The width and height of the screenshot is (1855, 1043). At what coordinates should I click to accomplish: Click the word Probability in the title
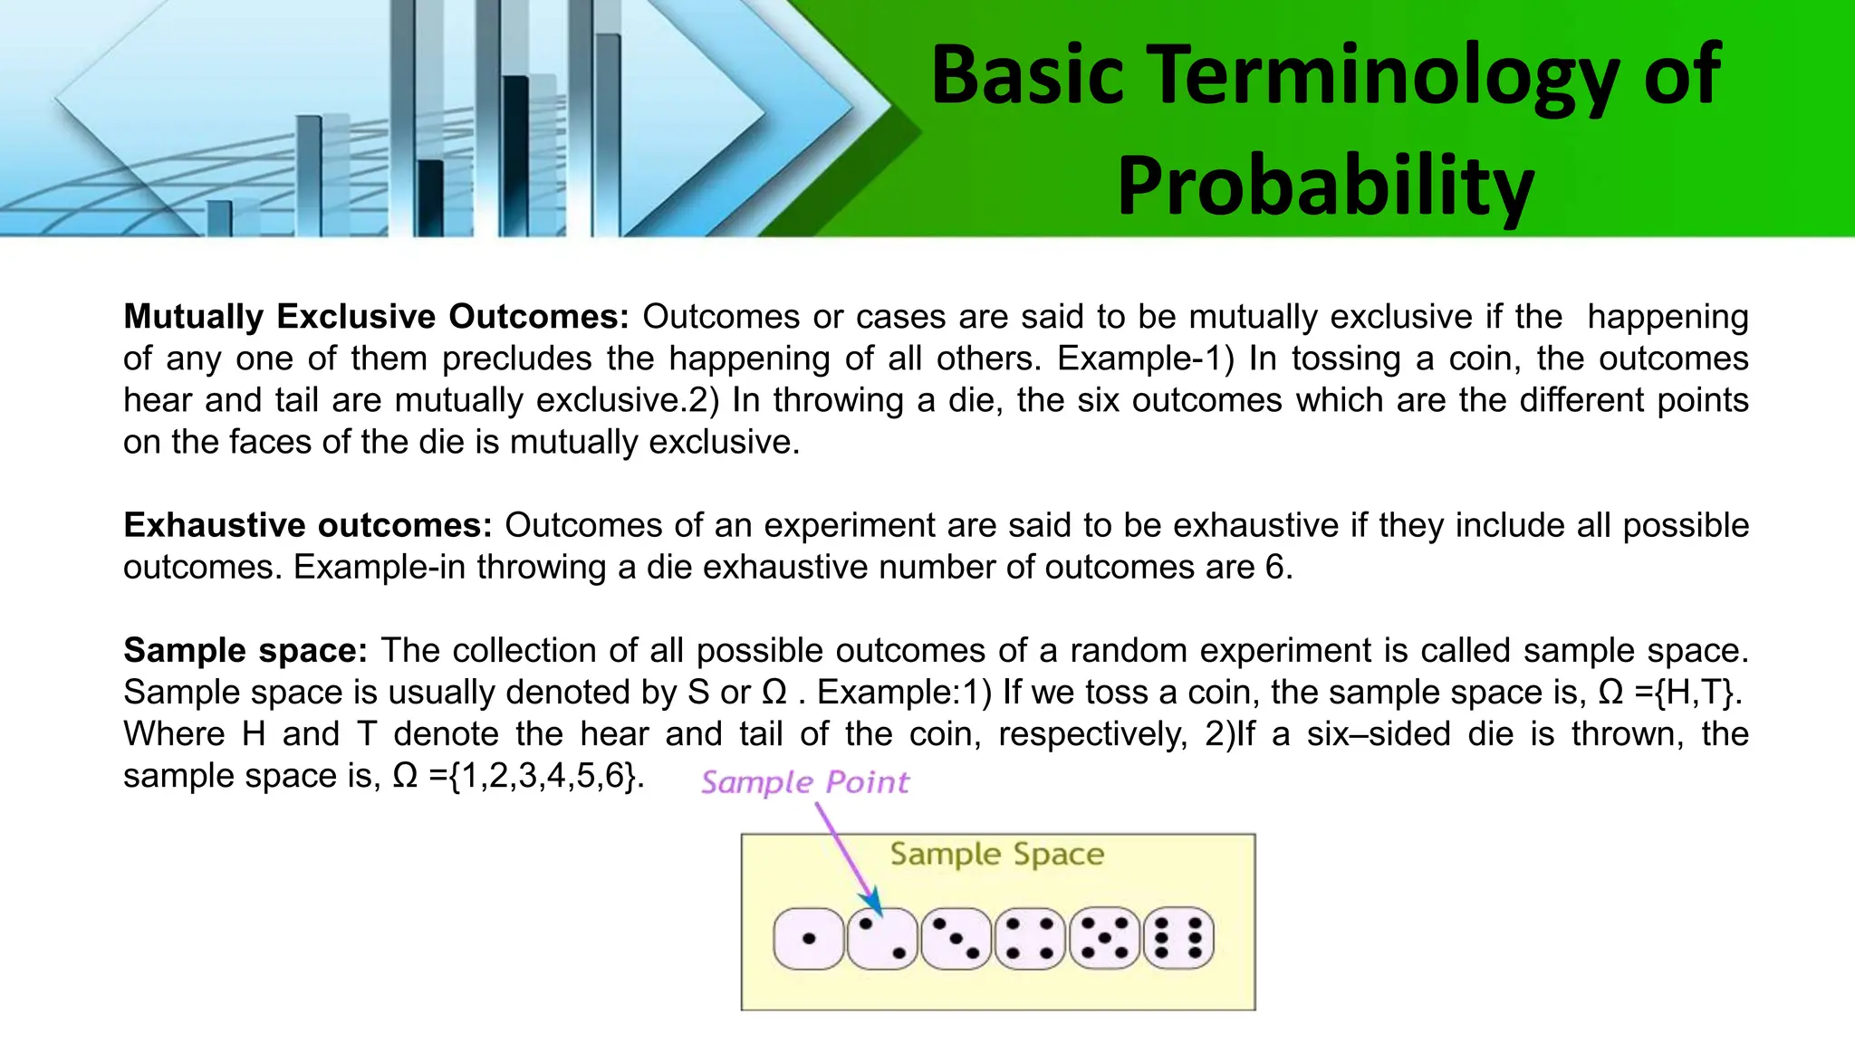[1325, 186]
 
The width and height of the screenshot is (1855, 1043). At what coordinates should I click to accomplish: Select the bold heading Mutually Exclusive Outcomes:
[376, 317]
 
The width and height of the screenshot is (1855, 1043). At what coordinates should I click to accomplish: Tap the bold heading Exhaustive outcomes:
[308, 526]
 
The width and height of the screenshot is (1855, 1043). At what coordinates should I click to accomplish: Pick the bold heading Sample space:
[245, 651]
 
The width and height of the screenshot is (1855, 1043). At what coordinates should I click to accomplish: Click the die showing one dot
[809, 939]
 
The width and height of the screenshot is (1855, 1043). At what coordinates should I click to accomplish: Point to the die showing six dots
[1178, 939]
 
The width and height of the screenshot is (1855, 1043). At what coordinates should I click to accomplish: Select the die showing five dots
[1104, 939]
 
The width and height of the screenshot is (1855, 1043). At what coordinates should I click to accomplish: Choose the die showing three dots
[956, 939]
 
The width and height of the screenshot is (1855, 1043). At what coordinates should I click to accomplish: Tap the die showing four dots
[1030, 939]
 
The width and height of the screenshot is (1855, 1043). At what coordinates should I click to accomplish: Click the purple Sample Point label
[804, 782]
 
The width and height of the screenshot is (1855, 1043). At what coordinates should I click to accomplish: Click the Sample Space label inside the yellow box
[996, 854]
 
